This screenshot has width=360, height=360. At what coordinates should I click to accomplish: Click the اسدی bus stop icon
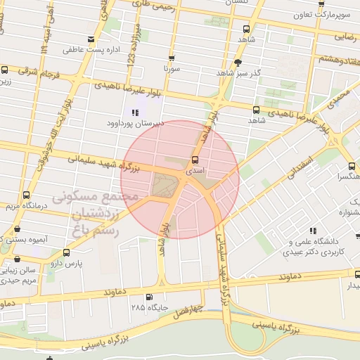[x=195, y=160]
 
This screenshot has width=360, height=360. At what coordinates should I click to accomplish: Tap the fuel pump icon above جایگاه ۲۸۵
[x=149, y=297]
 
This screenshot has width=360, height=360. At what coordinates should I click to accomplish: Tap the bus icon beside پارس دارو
[x=66, y=252]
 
